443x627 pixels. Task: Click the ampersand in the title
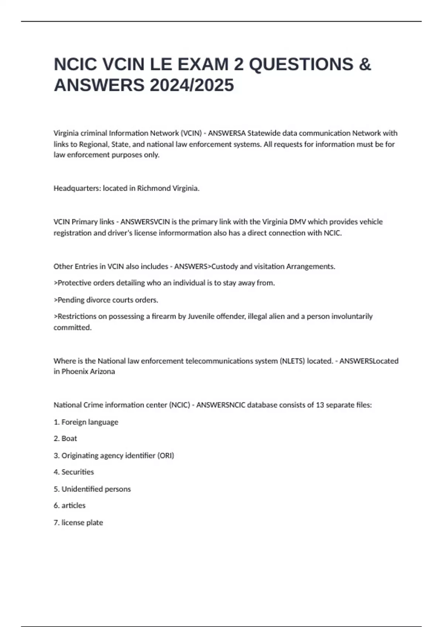tap(365, 65)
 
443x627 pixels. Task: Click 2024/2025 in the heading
tap(192, 85)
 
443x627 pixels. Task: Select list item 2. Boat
tap(65, 439)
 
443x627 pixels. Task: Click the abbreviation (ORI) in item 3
tap(166, 455)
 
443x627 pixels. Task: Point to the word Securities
tap(78, 472)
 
